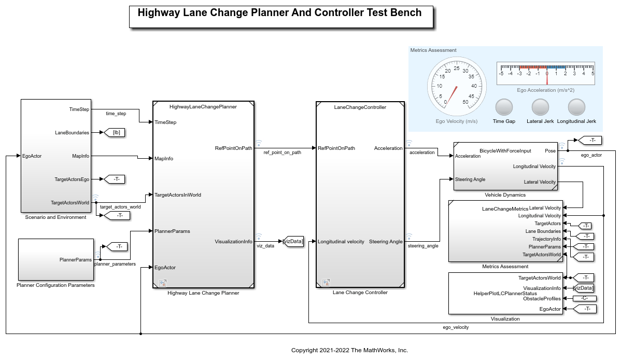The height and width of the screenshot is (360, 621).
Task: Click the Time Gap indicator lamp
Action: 504,107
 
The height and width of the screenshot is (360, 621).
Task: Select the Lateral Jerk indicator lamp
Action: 540,107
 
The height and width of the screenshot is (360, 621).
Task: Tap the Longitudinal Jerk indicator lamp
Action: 576,107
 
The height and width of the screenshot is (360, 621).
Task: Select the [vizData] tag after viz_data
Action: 292,241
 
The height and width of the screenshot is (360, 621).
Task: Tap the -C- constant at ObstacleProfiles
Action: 585,298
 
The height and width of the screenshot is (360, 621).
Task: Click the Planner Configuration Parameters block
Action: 56,259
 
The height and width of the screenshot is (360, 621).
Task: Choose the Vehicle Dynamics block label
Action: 505,195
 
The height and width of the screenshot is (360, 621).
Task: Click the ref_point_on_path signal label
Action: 282,153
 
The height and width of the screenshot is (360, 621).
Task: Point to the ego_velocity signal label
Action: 455,327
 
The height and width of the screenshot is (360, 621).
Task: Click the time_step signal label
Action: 116,113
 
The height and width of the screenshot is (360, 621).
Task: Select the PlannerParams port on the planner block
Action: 173,231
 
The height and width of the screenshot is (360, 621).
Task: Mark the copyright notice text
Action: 349,350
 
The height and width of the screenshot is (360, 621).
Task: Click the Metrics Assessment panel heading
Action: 433,50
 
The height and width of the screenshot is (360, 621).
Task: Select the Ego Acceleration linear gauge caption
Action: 545,90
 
